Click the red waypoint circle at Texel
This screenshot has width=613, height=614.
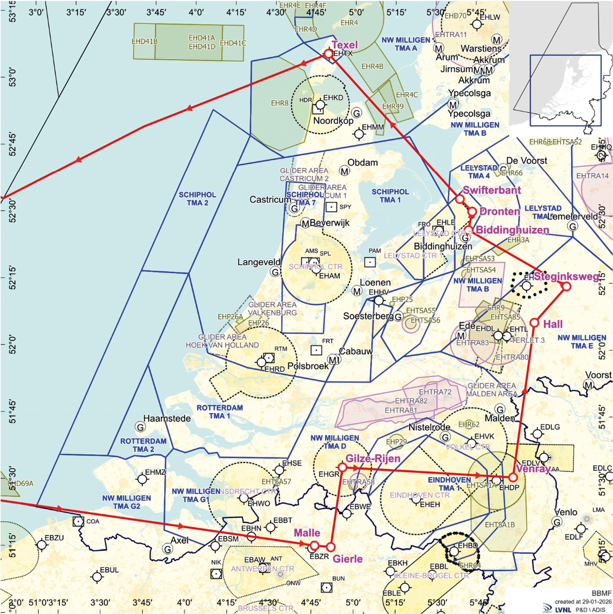click(328, 54)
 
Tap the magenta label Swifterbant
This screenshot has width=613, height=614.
click(492, 190)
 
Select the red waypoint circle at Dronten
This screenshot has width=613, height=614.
click(472, 212)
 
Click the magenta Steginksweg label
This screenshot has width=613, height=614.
click(566, 277)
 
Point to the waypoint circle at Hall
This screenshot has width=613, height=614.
click(534, 323)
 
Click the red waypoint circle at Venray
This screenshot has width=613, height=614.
click(513, 477)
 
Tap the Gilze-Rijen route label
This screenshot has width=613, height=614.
click(373, 459)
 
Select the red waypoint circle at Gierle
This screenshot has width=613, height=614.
click(331, 547)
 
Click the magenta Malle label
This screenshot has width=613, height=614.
click(307, 533)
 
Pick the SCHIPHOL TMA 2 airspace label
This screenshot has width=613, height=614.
click(198, 199)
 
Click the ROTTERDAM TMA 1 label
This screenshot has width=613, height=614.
click(220, 412)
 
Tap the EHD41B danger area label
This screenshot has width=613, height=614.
click(145, 42)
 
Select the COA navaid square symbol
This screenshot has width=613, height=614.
click(79, 522)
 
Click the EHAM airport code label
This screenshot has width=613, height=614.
click(329, 276)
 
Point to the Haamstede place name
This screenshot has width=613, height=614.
click(167, 418)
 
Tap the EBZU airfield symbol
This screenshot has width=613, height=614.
click(42, 545)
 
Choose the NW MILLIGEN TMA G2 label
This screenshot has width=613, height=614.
click(127, 502)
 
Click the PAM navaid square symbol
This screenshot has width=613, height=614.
click(370, 262)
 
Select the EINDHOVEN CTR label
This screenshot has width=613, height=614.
click(420, 495)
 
